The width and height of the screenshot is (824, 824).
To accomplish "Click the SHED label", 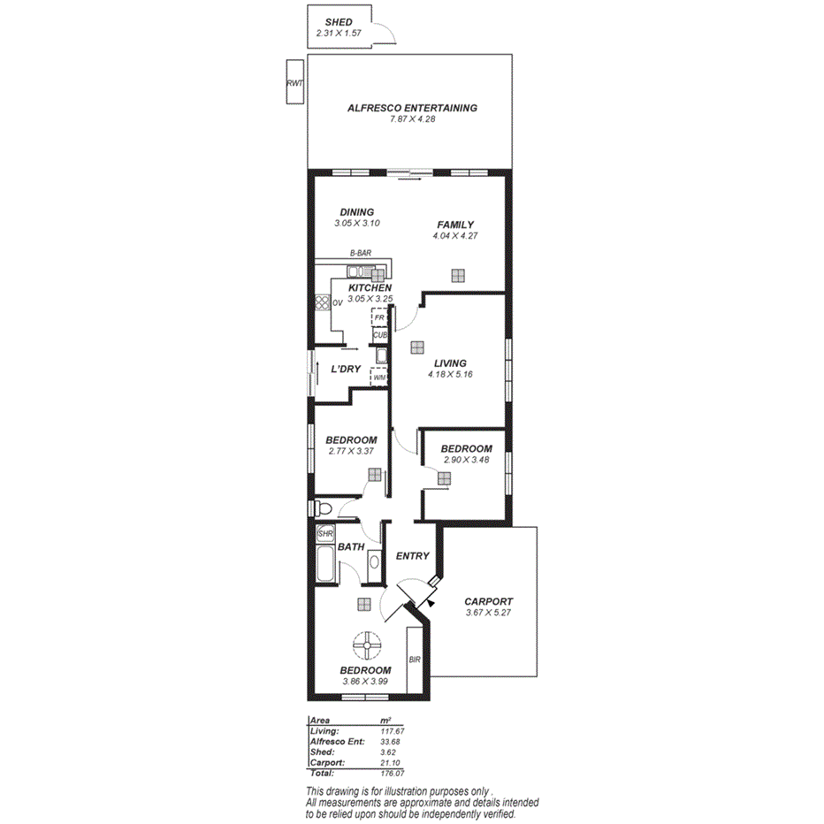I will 339,22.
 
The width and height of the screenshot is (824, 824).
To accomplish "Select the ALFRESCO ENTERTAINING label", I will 411,108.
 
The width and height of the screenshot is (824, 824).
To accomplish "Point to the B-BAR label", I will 360,253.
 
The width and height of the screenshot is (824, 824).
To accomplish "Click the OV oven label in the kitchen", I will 338,303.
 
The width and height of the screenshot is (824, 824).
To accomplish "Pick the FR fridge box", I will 379,317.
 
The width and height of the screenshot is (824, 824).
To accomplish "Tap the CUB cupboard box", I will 380,335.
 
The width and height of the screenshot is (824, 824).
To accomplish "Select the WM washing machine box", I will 379,378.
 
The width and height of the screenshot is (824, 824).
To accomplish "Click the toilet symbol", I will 323,508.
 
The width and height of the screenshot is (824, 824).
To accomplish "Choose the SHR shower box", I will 324,534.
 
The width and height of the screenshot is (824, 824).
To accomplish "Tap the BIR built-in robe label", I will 414,660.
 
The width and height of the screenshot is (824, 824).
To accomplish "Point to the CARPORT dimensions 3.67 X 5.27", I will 488,613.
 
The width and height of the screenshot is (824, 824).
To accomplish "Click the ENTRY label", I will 412,556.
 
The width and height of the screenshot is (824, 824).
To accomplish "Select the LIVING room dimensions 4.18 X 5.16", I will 449,374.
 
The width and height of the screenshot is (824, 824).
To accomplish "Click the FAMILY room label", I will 455,225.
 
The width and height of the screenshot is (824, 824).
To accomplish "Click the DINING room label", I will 357,212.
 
